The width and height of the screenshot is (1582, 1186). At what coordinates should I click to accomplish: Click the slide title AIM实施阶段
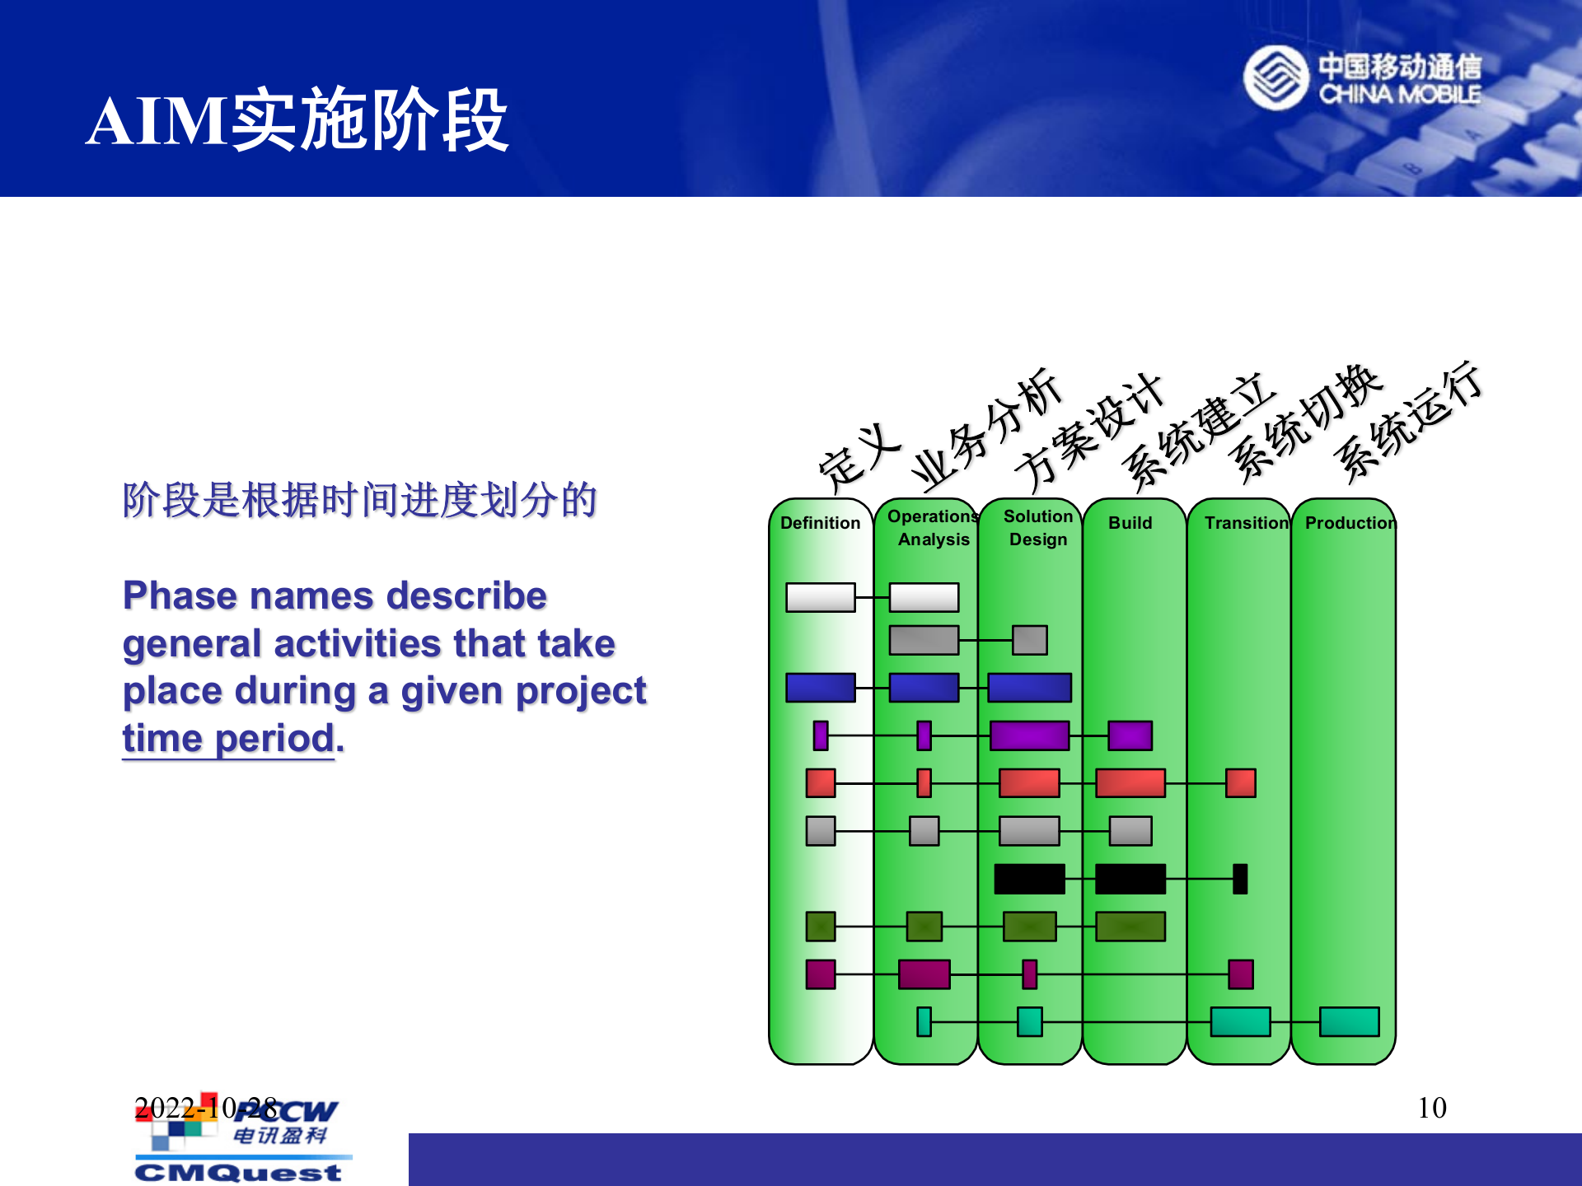[x=297, y=121]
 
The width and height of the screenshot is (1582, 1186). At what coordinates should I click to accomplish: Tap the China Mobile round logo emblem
[x=1275, y=78]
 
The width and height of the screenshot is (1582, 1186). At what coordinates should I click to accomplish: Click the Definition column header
[x=820, y=523]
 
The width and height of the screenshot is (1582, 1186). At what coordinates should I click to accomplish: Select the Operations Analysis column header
[x=933, y=528]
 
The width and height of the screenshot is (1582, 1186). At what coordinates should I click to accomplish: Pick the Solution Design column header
[x=1038, y=528]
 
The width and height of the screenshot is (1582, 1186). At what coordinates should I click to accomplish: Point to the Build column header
[x=1130, y=523]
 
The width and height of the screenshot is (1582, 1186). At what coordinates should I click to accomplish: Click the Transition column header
[x=1245, y=523]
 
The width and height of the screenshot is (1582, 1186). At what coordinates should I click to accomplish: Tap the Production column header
[x=1350, y=523]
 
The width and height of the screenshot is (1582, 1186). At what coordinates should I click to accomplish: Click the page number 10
[x=1432, y=1108]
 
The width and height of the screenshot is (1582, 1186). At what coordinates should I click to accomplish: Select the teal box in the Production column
[x=1349, y=1022]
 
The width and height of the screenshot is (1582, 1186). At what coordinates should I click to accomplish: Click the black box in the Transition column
[x=1240, y=879]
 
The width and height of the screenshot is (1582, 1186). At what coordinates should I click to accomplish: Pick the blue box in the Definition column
[x=820, y=688]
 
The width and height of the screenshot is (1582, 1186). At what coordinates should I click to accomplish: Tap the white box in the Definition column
[x=820, y=597]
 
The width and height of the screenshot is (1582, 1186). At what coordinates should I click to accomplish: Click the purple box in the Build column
[x=1130, y=735]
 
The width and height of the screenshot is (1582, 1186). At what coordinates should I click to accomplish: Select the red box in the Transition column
[x=1240, y=783]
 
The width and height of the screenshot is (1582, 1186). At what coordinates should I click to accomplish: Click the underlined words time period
[x=228, y=739]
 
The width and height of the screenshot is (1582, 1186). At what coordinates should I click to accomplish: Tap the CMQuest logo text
[x=238, y=1172]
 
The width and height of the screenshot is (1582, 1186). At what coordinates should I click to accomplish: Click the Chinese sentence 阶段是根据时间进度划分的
[x=360, y=501]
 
